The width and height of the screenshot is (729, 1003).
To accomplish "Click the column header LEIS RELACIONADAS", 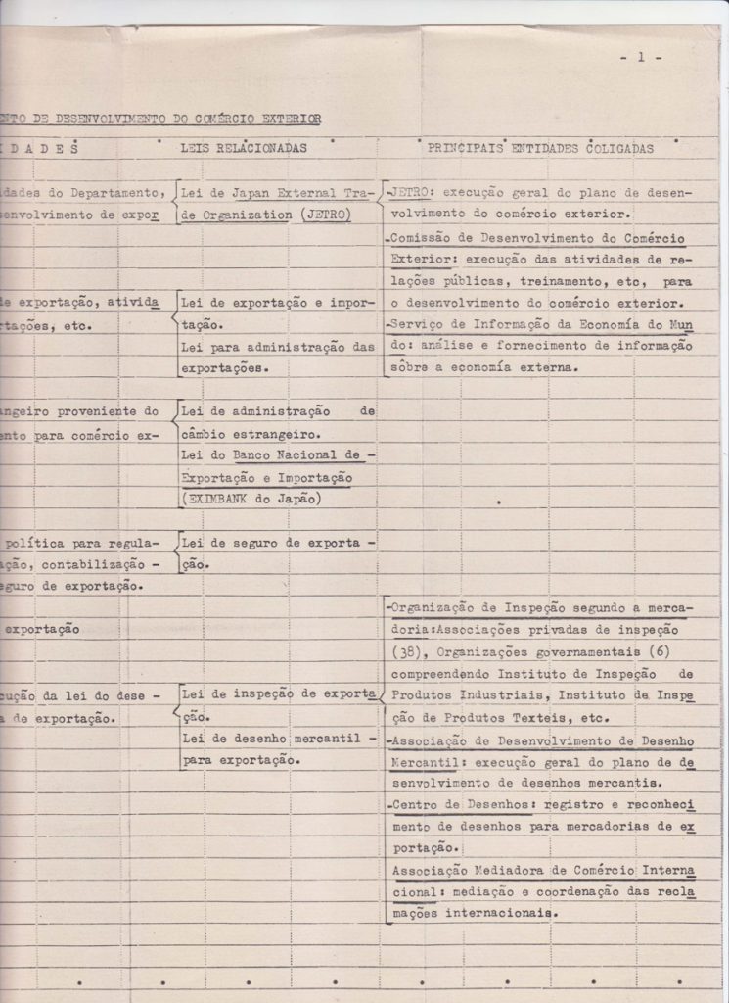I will click(x=244, y=148).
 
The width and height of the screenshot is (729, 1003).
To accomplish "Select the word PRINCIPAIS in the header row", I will click(x=465, y=148).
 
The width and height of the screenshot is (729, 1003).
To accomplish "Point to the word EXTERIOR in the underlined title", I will click(x=290, y=119).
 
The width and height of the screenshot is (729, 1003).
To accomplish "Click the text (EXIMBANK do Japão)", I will click(x=252, y=499).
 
